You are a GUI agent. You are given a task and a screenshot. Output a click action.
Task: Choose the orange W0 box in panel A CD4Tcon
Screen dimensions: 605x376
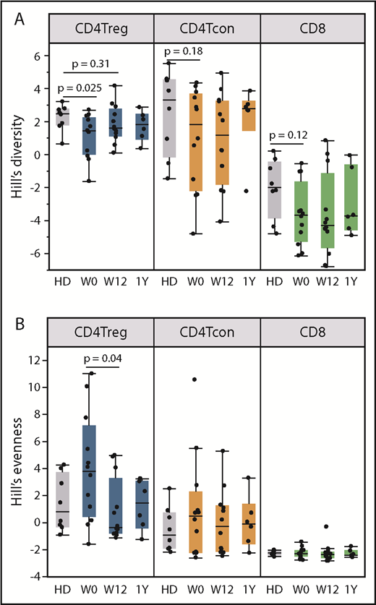coord(196,142)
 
